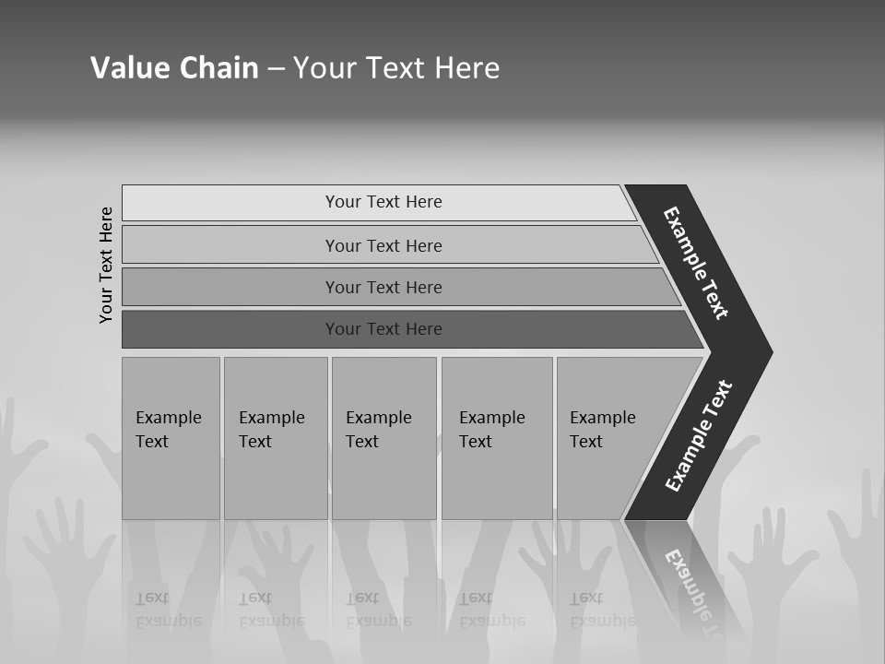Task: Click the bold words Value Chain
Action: [174, 68]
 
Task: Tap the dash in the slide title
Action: [276, 69]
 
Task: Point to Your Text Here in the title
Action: [396, 68]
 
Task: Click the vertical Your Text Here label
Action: [106, 265]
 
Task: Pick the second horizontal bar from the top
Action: [383, 245]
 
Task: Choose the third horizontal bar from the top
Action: [383, 287]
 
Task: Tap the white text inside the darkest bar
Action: [383, 329]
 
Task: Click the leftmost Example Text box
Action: [171, 438]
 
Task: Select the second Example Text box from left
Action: [275, 438]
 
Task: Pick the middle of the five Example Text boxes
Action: [383, 438]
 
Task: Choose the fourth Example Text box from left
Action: [496, 438]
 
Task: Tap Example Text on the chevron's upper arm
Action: [696, 263]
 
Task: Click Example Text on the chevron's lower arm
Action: [699, 436]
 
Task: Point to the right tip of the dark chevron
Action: [769, 351]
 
